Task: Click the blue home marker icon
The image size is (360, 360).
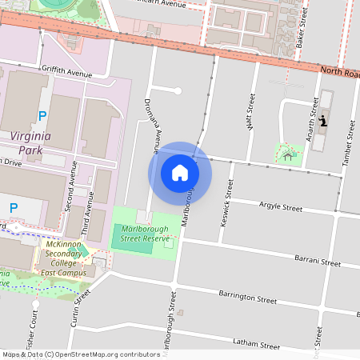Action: [180, 173]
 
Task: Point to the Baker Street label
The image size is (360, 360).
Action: [302, 32]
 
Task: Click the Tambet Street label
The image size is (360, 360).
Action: [348, 144]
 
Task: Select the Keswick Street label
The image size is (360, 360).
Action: [229, 199]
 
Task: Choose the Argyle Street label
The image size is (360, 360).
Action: [281, 207]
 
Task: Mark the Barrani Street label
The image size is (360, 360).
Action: [318, 262]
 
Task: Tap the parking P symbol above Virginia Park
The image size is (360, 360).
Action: [42, 116]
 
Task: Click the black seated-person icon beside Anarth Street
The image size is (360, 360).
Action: [322, 122]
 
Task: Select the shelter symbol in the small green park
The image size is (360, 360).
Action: [287, 156]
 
